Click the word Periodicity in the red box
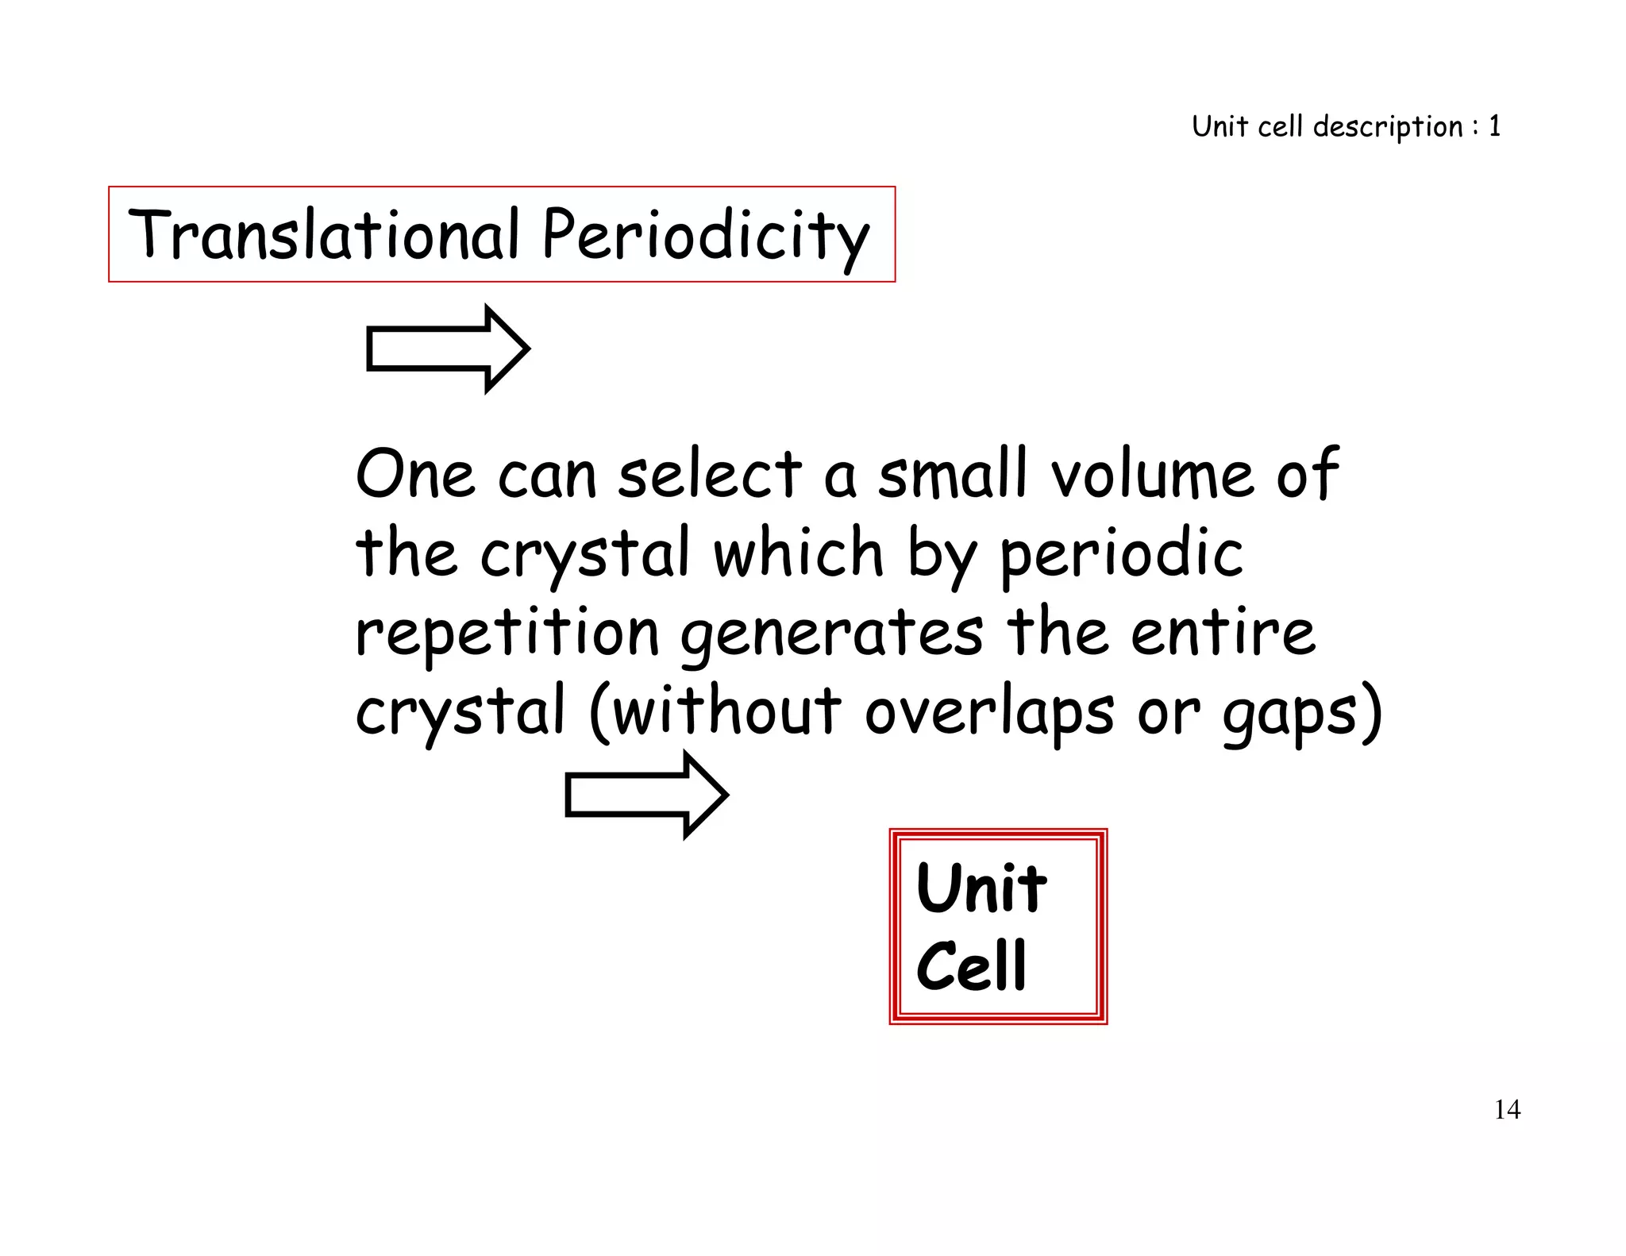[706, 236]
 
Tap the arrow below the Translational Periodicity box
[448, 349]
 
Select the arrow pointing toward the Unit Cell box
[646, 795]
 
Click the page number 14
[1507, 1109]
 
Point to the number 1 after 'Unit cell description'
[1494, 126]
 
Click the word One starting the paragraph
[414, 475]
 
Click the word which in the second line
[799, 553]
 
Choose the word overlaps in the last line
[989, 711]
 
